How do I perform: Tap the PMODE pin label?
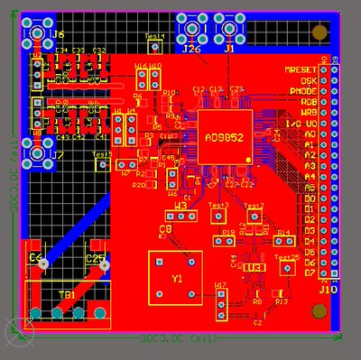pyautogui.click(x=302, y=91)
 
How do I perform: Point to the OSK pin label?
pyautogui.click(x=307, y=81)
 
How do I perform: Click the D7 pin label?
pyautogui.click(x=310, y=273)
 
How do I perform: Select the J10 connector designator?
pyautogui.click(x=327, y=289)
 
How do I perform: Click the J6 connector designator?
pyautogui.click(x=59, y=34)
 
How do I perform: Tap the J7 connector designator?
pyautogui.click(x=59, y=156)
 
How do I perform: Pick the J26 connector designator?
pyautogui.click(x=191, y=50)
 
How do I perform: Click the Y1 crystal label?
pyautogui.click(x=177, y=279)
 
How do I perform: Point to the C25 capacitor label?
pyautogui.click(x=94, y=259)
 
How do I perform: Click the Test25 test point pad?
pyautogui.click(x=286, y=270)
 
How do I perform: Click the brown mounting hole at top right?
pyautogui.click(x=319, y=33)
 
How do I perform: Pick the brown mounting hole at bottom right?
pyautogui.click(x=318, y=312)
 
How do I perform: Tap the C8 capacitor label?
pyautogui.click(x=166, y=230)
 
